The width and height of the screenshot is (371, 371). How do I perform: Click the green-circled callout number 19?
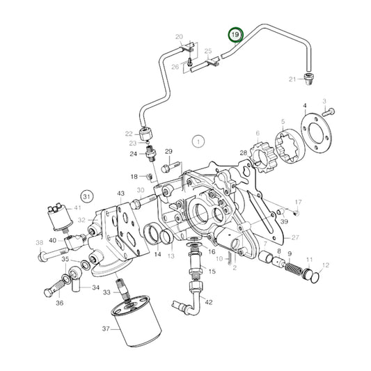point(235,35)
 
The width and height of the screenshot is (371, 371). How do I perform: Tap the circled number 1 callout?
point(198,142)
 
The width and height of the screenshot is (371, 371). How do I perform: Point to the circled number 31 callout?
point(87,196)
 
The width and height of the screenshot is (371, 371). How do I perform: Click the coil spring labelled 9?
point(294,269)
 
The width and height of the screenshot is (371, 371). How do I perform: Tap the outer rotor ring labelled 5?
point(289,146)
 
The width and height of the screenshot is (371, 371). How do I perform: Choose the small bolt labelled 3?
point(328,112)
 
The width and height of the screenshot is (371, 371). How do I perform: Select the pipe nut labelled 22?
point(145,134)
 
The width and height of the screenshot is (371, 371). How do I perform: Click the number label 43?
point(120,194)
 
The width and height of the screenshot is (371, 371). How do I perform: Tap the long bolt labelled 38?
point(52,253)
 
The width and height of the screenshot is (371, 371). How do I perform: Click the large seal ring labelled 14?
point(152,235)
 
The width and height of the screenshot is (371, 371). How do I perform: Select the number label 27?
point(295,237)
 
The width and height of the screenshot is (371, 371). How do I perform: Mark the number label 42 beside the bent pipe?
point(209,302)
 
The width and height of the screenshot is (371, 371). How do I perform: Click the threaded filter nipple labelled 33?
point(123,290)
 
